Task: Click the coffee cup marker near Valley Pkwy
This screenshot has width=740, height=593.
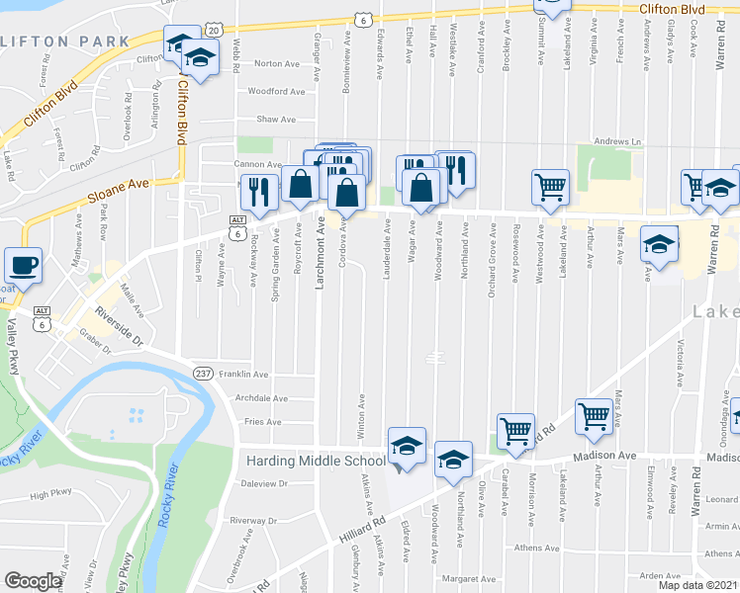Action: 23,265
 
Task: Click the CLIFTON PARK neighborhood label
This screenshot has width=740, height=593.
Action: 65,42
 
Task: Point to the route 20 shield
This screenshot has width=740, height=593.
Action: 216,32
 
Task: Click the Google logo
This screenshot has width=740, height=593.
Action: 33,581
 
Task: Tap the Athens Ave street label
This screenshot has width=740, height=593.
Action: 537,548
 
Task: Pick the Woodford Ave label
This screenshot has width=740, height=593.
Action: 276,92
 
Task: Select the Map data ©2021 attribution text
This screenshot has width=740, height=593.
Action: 698,585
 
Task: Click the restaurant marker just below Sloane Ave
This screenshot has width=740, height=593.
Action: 259,192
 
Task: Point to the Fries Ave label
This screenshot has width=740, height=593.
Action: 264,422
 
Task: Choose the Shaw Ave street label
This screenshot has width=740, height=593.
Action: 276,120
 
